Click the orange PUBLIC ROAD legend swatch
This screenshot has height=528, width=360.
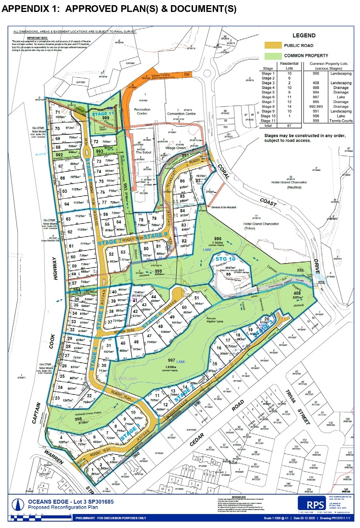pos(272,46)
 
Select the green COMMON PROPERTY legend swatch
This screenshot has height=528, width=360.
pos(272,56)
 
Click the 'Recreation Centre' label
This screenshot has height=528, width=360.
pos(142,111)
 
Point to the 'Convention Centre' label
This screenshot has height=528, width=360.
pos(181,114)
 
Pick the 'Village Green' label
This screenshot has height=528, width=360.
pos(175,148)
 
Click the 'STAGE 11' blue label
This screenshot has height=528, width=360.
pos(103,114)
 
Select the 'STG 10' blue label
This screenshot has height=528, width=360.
pos(226,259)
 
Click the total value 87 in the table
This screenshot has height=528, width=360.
pos(289,126)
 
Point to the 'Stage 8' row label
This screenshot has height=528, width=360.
pos(268,107)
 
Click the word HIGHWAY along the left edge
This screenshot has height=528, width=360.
pos(55,268)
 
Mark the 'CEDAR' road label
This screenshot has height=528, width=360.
pos(197,440)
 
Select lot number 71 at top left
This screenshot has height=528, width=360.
pos(57,113)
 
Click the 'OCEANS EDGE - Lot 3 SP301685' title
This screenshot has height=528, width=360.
pos(71,502)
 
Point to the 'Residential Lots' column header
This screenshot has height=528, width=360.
pos(289,66)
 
